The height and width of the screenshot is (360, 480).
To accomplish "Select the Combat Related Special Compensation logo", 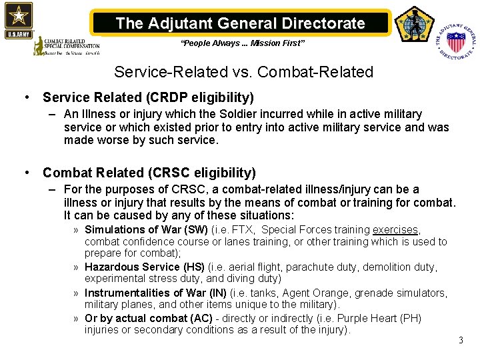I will click(67, 45).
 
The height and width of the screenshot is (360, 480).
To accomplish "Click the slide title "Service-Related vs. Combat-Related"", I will click(243, 71).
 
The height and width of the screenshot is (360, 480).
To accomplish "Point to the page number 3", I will click(460, 341).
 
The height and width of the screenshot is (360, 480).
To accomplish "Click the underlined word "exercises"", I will click(395, 230).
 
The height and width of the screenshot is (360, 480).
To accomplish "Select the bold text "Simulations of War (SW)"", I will click(146, 230).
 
